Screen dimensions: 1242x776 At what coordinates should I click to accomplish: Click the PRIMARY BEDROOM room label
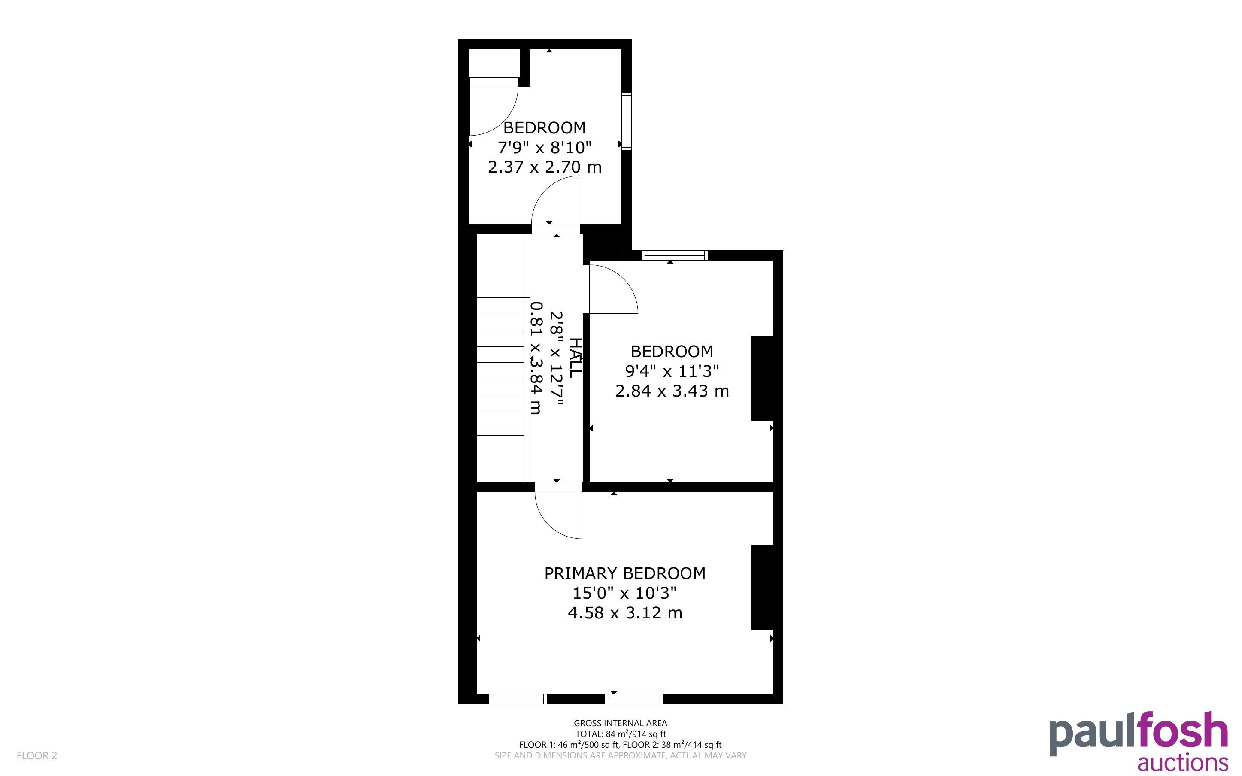tap(625, 573)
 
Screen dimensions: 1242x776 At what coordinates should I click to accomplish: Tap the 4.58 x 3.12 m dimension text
tap(625, 613)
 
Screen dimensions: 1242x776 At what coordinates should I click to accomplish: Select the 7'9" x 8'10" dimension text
tap(545, 147)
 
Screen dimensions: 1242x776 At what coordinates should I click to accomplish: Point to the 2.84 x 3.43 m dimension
tap(672, 391)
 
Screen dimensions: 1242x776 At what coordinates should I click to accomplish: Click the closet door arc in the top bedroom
tap(504, 121)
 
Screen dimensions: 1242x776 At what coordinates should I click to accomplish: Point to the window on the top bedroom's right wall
tap(627, 121)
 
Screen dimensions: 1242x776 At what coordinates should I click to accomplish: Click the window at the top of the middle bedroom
tap(675, 255)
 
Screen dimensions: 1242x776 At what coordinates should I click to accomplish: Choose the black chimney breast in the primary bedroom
tap(762, 587)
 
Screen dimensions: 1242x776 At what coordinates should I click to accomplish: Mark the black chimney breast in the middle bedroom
tap(762, 379)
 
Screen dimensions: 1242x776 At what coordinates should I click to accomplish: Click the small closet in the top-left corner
tap(494, 63)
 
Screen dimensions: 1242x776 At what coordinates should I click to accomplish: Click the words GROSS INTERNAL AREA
tap(621, 724)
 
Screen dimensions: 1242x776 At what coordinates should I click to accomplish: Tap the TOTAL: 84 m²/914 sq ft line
tap(621, 734)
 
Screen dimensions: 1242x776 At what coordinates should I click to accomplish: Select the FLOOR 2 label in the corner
tap(37, 755)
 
